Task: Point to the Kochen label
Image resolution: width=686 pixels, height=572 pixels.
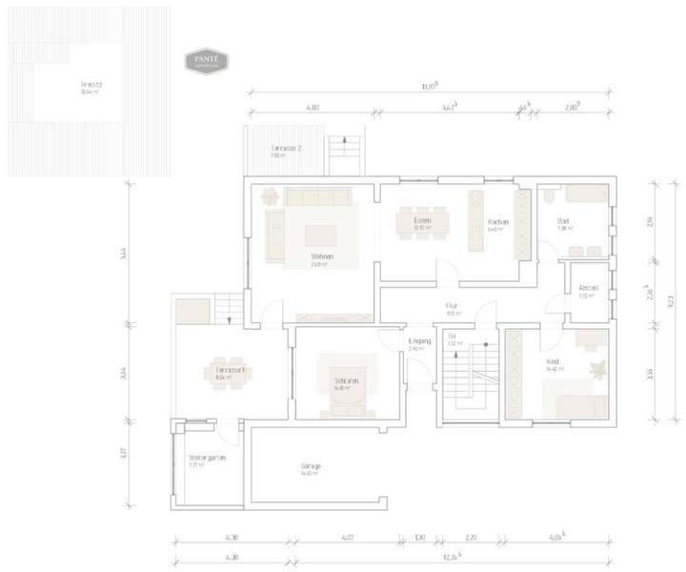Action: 497,222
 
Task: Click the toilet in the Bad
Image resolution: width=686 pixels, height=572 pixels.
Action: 551,197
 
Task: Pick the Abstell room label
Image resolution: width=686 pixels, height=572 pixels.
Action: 588,292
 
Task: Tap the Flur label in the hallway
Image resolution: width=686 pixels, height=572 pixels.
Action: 453,307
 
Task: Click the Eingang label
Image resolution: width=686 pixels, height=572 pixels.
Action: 419,341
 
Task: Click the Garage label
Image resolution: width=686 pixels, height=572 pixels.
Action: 311,466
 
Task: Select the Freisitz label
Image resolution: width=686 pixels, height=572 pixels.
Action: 91,84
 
